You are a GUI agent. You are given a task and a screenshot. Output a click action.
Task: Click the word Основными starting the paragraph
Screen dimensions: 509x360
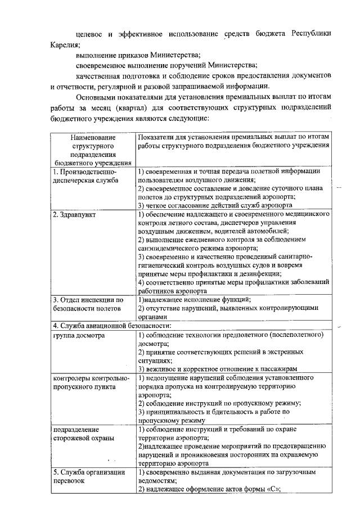(100, 97)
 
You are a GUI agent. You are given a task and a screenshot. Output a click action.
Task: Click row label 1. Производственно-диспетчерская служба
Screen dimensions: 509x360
(85, 175)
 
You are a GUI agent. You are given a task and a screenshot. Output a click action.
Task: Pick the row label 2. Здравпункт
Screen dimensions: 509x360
(75, 214)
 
